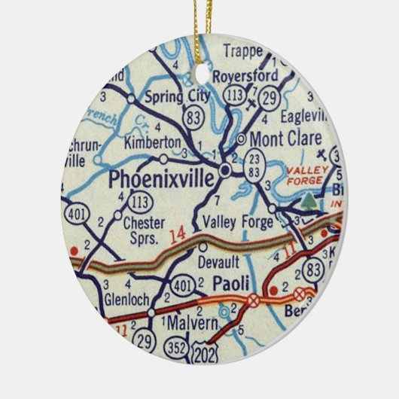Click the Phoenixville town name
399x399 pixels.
coord(162,179)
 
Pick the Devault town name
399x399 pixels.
coord(218,262)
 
